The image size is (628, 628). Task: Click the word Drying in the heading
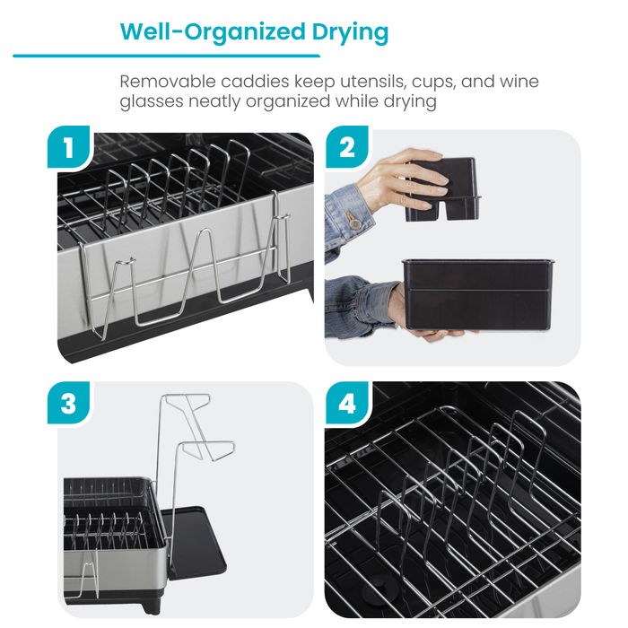click(345, 32)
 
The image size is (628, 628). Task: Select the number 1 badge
click(69, 149)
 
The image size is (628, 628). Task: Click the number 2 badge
click(347, 149)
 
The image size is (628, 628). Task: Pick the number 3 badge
click(69, 404)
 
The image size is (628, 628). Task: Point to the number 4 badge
click(347, 404)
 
